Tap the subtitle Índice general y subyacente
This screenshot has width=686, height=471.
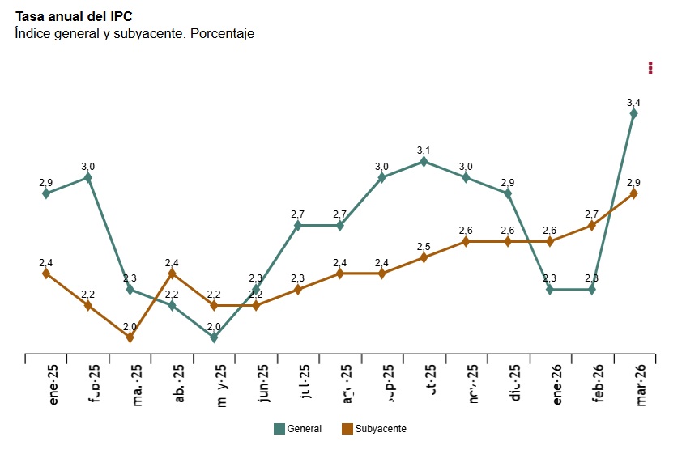pos(134,34)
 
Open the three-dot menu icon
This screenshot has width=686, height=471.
pos(650,68)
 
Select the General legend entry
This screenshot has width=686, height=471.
pos(298,429)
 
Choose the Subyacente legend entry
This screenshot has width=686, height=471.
pos(373,429)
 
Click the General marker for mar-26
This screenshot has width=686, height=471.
pos(634,113)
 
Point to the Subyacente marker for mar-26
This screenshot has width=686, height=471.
pos(634,193)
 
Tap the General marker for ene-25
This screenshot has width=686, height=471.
pos(46,193)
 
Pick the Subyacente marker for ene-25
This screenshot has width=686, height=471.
pos(46,274)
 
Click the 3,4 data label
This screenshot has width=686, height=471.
pos(634,103)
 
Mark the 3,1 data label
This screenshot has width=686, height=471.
pos(424,151)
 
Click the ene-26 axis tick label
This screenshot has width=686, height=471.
pos(556,384)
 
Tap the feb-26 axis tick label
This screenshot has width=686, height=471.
pos(598,384)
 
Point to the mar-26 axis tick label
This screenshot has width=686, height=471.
pos(640,384)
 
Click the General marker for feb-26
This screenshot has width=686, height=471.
pos(592,290)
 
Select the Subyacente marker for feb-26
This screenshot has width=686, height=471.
pos(592,226)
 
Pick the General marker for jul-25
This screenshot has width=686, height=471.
pos(298,226)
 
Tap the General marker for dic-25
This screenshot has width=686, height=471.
pos(508,193)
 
